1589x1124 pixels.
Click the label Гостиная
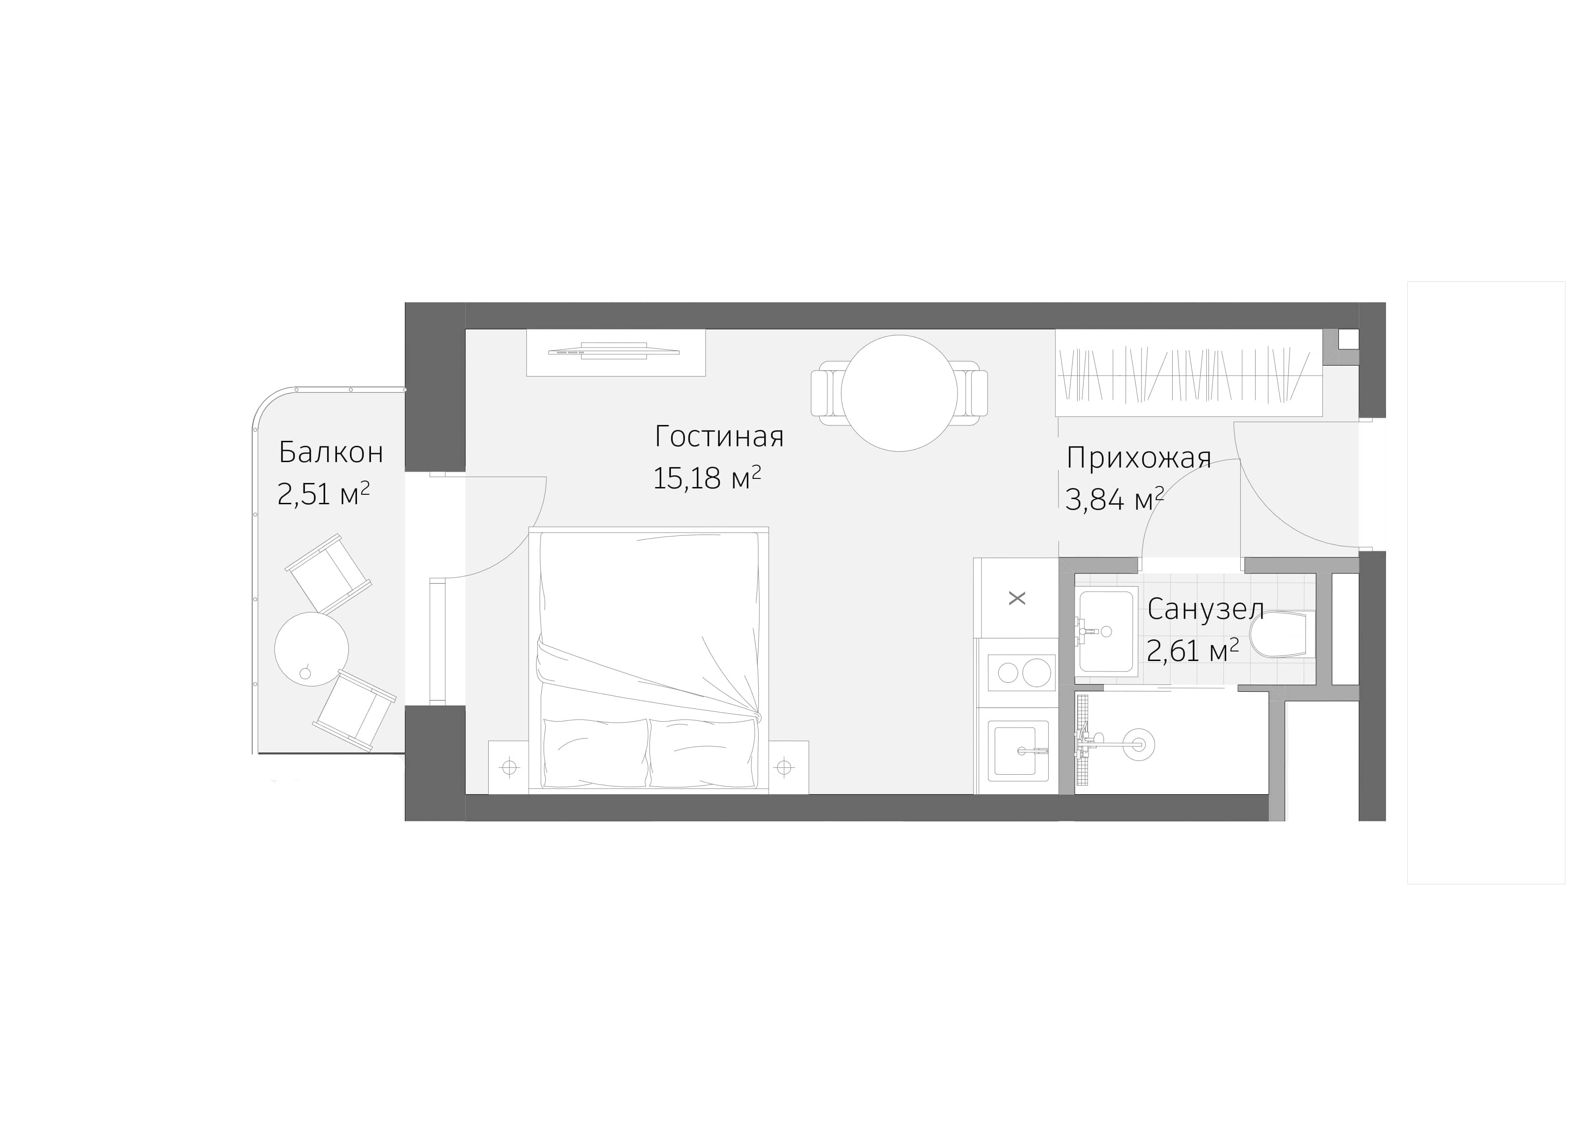click(x=718, y=437)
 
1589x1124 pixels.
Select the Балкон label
click(x=330, y=453)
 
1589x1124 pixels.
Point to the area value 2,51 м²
click(x=323, y=494)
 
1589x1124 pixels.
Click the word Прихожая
click(x=1138, y=458)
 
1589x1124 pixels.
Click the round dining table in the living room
click(x=899, y=393)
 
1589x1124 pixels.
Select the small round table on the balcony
click(x=312, y=649)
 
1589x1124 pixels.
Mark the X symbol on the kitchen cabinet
click(x=1016, y=598)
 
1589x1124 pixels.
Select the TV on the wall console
click(x=613, y=351)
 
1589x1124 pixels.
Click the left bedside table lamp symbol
click(x=510, y=767)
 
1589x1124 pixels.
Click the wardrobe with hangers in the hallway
click(x=1187, y=374)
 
